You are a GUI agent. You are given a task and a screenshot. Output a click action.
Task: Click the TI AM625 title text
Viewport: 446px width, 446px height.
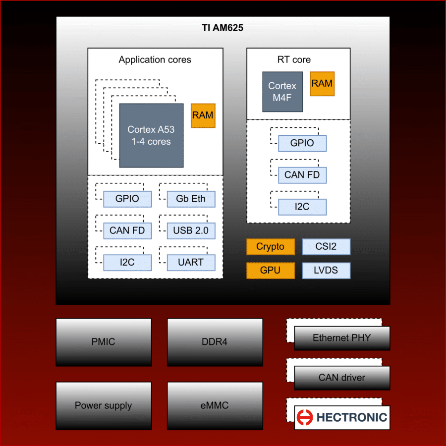tap(223, 28)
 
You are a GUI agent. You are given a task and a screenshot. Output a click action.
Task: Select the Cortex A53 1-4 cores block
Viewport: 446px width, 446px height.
tap(151, 135)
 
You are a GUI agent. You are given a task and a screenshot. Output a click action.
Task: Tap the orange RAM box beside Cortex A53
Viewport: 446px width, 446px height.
tap(203, 115)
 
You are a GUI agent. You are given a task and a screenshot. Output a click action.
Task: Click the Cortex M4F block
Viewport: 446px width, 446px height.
tap(282, 92)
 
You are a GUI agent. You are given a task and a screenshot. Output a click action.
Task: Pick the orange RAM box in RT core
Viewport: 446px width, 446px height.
tap(322, 84)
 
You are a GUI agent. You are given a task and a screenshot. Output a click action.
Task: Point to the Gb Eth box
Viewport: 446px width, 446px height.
tap(191, 199)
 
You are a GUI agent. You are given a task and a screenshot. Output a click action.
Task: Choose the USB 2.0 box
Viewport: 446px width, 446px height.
tap(191, 230)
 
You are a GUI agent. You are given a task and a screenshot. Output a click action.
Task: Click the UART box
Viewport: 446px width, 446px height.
tap(191, 262)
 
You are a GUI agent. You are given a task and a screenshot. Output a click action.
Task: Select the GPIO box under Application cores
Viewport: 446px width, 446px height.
tap(127, 199)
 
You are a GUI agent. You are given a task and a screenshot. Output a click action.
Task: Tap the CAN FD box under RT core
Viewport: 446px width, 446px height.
tap(302, 175)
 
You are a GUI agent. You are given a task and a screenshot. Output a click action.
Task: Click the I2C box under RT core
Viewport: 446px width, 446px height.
tap(302, 207)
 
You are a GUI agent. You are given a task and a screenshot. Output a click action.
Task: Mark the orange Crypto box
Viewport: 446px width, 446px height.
tap(271, 247)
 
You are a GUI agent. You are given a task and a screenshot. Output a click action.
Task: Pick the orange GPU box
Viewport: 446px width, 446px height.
tap(271, 271)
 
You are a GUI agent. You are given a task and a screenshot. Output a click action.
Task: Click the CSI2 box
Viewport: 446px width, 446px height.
tap(326, 247)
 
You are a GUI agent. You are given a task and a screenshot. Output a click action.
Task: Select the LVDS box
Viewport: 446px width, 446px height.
tap(326, 271)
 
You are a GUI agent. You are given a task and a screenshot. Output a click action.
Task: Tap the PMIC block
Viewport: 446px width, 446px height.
tap(103, 342)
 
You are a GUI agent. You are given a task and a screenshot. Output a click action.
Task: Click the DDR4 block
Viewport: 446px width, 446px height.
tap(215, 342)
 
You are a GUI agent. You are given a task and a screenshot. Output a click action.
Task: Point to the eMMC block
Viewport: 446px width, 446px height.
tap(215, 405)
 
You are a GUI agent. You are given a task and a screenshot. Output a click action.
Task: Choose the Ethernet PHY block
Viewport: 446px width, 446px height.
tap(342, 338)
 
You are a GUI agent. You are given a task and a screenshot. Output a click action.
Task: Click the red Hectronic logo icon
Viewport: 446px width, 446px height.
tap(305, 417)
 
